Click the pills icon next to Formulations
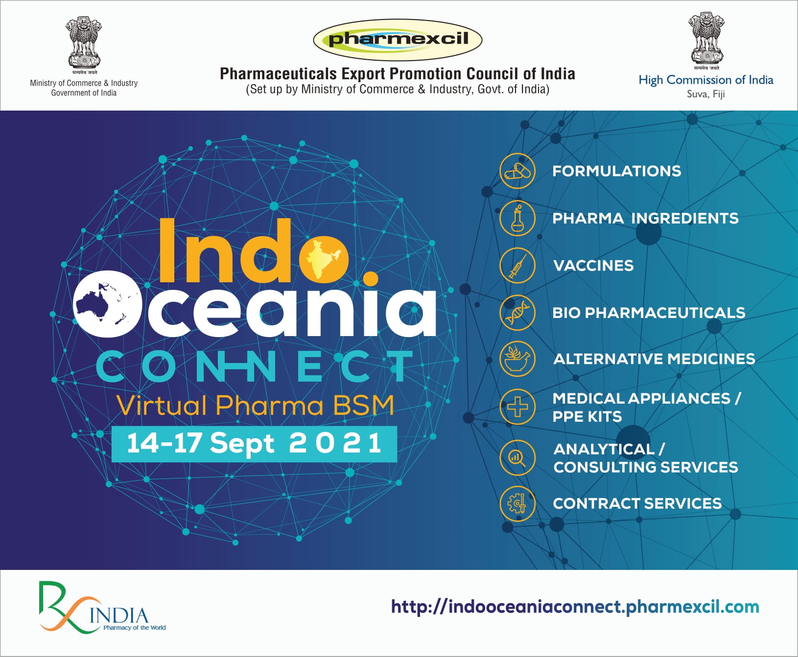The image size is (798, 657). point(517,171)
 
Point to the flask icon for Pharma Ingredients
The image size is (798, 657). point(517,218)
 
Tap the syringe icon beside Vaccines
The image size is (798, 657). point(517,265)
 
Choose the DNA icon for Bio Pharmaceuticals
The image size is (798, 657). point(517,312)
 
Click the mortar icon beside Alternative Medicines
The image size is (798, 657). point(517,359)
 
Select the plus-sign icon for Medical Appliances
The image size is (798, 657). point(517,407)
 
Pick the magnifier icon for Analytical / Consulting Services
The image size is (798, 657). point(517,458)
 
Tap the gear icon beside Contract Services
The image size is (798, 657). point(517,503)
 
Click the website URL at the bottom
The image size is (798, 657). point(575,607)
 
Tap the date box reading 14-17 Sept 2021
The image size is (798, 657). point(254,444)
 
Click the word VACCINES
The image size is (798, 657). point(593,266)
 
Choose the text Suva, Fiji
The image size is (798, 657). point(705,94)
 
